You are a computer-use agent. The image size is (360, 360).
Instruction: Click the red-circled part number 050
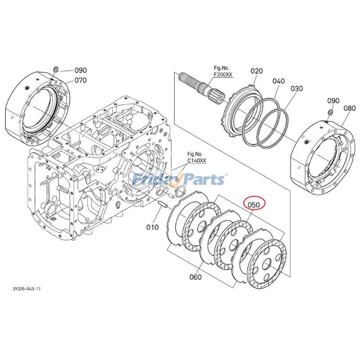point(254,205)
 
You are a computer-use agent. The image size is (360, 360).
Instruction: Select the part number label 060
point(195,277)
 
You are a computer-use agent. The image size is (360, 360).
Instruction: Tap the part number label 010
point(152,227)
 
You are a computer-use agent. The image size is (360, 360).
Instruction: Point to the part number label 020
point(256,71)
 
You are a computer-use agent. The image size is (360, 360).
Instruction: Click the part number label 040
point(279,81)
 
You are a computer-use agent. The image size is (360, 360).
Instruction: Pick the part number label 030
point(297,89)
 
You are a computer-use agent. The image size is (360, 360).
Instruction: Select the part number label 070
point(81,81)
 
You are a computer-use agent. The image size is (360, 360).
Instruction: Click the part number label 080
point(349,108)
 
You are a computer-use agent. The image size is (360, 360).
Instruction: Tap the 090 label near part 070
point(81,70)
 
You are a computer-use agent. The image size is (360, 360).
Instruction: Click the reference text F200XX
point(223,74)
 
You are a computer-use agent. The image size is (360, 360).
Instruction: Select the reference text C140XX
point(197,160)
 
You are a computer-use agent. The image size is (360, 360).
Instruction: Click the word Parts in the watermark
point(202,180)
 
